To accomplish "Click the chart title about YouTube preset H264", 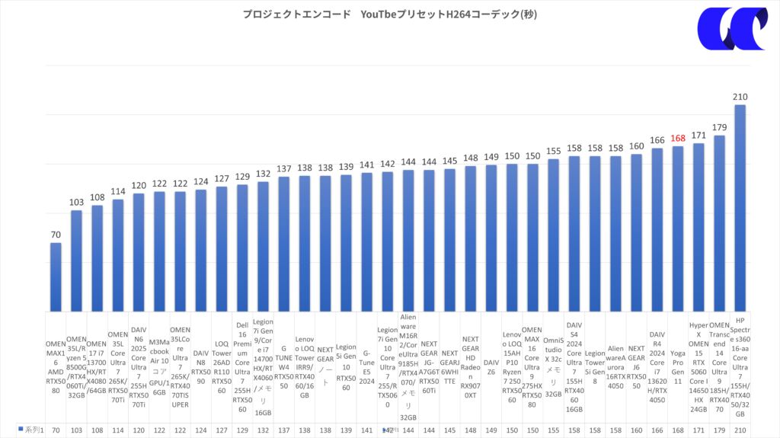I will pyautogui.click(x=389, y=14).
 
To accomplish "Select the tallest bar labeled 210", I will pyautogui.click(x=740, y=206).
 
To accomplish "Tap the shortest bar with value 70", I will pyautogui.click(x=56, y=274).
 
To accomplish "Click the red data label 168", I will pyautogui.click(x=678, y=139).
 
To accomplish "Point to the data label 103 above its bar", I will pyautogui.click(x=76, y=203).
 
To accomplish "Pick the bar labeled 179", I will pyautogui.click(x=719, y=221).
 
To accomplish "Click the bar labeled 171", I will pyautogui.click(x=698, y=225).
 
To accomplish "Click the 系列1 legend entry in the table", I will pyautogui.click(x=30, y=430).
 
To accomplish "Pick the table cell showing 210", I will pyautogui.click(x=740, y=430).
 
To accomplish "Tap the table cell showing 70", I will pyautogui.click(x=56, y=430).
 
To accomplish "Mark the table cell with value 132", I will pyautogui.click(x=263, y=430).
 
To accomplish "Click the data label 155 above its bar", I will pyautogui.click(x=553, y=151).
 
